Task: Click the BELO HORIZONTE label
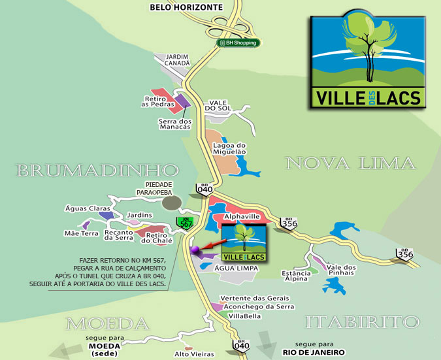pyautogui.click(x=186, y=7)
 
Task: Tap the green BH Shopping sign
pyautogui.click(x=238, y=42)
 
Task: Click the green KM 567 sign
pyautogui.click(x=186, y=223)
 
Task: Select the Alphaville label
pyautogui.click(x=242, y=216)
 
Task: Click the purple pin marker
pyautogui.click(x=194, y=250)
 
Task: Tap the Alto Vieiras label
pyautogui.click(x=194, y=353)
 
